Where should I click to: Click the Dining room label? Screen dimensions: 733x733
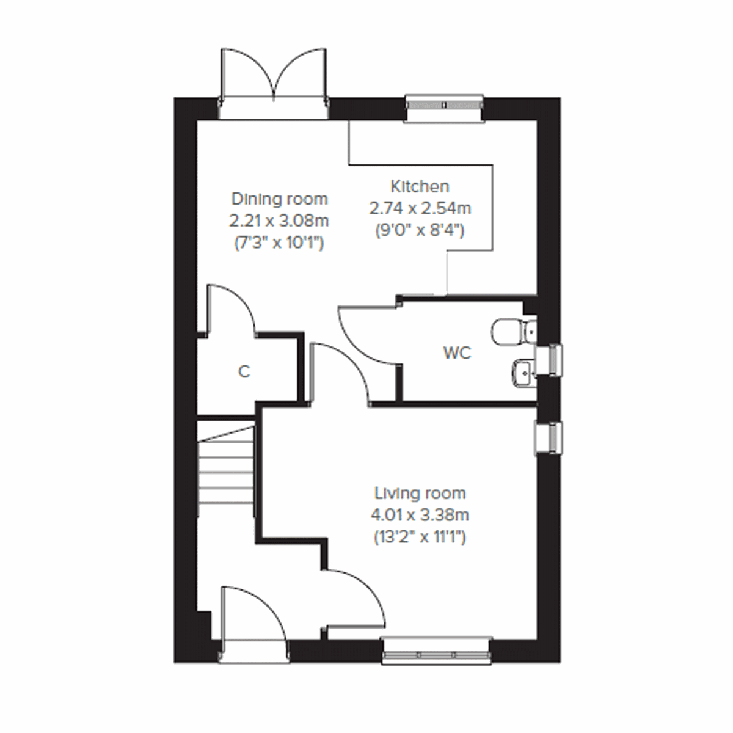tap(279, 199)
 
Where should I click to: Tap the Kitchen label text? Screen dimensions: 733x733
tap(420, 186)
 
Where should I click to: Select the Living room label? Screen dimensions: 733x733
tap(420, 493)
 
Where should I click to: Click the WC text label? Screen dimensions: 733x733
tap(458, 353)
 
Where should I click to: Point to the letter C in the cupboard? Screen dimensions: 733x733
tap(244, 371)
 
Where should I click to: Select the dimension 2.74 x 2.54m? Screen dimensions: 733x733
tap(420, 208)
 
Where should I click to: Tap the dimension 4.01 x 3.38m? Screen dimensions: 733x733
tap(420, 515)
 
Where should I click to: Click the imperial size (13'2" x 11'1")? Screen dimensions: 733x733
tap(420, 538)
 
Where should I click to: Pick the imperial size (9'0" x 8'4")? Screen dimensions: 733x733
tap(420, 231)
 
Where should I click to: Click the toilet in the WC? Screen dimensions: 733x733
tap(512, 330)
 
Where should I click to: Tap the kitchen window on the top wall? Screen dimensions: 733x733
tap(445, 106)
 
